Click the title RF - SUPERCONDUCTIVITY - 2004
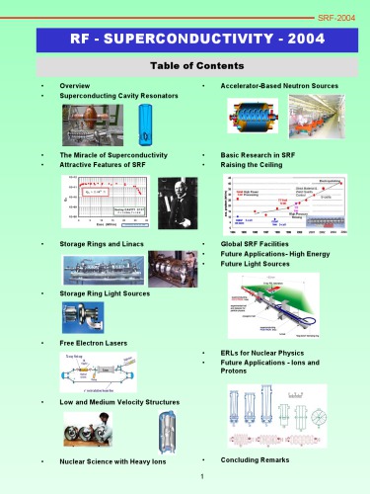(185, 40)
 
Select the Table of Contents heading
(185, 65)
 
